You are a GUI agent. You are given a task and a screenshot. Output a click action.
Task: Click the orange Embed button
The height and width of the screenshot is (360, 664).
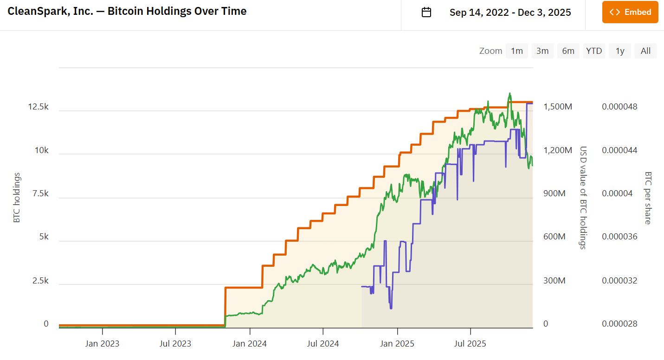pyautogui.click(x=630, y=12)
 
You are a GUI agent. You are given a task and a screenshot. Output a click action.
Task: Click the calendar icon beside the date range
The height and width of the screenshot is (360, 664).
pyautogui.click(x=426, y=12)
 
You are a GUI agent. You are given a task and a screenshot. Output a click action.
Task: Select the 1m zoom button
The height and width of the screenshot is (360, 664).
pyautogui.click(x=516, y=51)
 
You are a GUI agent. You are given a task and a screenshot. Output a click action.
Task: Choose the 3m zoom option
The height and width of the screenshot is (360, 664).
pyautogui.click(x=542, y=51)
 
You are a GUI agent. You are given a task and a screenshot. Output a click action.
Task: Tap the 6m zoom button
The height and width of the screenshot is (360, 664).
pyautogui.click(x=568, y=51)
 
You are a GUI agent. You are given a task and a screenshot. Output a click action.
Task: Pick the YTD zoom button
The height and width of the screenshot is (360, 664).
pyautogui.click(x=594, y=51)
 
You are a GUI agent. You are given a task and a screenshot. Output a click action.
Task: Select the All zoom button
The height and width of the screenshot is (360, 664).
pyautogui.click(x=645, y=51)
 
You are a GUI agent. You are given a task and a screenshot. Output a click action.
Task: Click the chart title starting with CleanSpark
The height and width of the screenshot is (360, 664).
pyautogui.click(x=127, y=11)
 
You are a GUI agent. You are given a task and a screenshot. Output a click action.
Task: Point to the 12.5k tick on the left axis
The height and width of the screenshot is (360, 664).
pyautogui.click(x=38, y=107)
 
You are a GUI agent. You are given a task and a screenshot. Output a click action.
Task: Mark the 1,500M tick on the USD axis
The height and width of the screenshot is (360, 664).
pyautogui.click(x=558, y=107)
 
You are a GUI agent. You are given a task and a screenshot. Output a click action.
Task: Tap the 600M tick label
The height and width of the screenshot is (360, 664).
pyautogui.click(x=554, y=237)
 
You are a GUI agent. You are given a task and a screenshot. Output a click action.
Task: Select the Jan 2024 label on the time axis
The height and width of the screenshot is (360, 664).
pyautogui.click(x=250, y=344)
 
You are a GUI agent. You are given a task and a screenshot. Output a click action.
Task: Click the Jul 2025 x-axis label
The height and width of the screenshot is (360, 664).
pyautogui.click(x=471, y=344)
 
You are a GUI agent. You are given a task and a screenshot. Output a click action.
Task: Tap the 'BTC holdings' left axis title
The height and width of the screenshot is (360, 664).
pyautogui.click(x=17, y=198)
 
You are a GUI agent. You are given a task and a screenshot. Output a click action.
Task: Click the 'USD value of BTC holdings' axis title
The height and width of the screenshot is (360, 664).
pyautogui.click(x=583, y=198)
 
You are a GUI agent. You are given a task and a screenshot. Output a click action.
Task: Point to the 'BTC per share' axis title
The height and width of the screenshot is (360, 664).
pyautogui.click(x=648, y=198)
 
